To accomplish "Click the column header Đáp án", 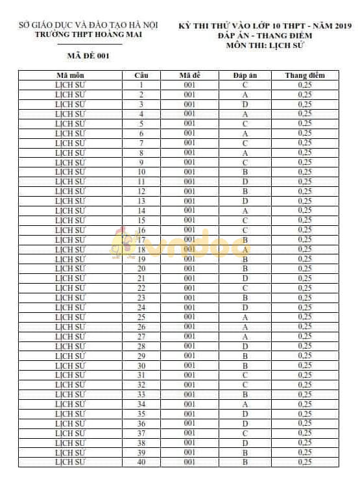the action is pyautogui.click(x=245, y=75).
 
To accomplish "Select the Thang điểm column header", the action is pyautogui.click(x=304, y=75).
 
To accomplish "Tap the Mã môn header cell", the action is pyautogui.click(x=70, y=75).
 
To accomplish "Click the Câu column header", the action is pyautogui.click(x=141, y=75).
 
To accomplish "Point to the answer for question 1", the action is pyautogui.click(x=245, y=85).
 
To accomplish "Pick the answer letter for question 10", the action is pyautogui.click(x=245, y=172).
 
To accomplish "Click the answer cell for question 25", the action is pyautogui.click(x=245, y=317).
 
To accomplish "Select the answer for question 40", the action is pyautogui.click(x=245, y=462).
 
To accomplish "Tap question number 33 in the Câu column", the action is pyautogui.click(x=141, y=395).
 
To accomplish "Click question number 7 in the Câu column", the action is pyautogui.click(x=141, y=143).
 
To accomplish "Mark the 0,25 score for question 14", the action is pyautogui.click(x=304, y=210).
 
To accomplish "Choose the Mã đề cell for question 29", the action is pyautogui.click(x=189, y=356).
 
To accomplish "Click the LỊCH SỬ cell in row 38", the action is pyautogui.click(x=70, y=443).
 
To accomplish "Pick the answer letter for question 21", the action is pyautogui.click(x=245, y=278).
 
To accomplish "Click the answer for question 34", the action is pyautogui.click(x=245, y=404).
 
